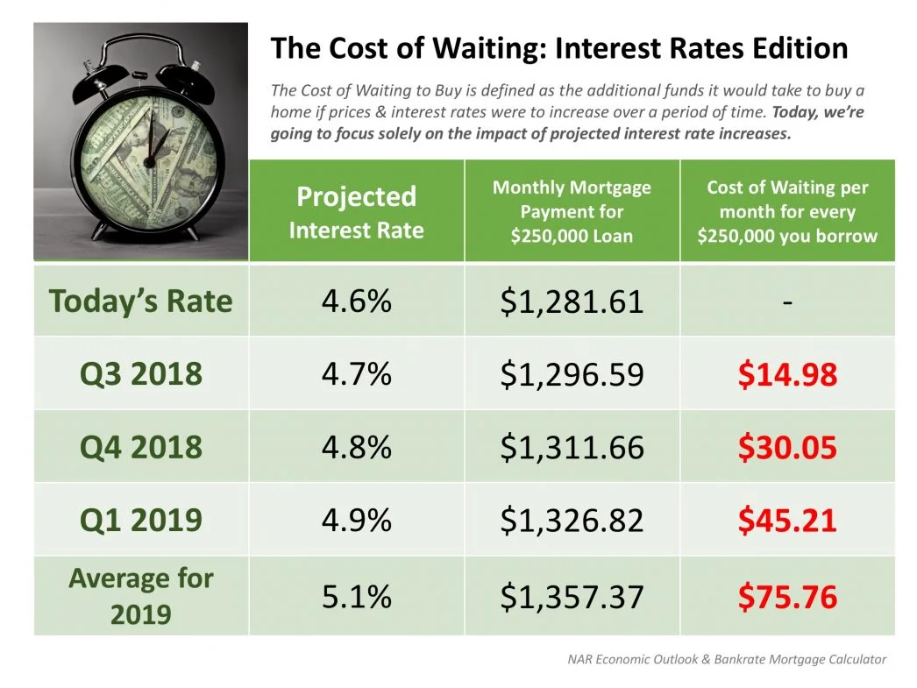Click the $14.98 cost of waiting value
786,375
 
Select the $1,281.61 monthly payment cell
572,302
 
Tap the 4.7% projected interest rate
356,375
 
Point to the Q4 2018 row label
141,448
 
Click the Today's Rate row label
141,301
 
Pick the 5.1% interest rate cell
356,597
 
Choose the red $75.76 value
786,597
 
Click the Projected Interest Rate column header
356,212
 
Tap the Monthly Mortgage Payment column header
572,211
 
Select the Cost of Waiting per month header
786,211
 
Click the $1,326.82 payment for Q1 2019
572,521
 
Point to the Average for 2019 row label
141,596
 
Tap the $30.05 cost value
786,448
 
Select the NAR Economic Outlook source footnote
727,659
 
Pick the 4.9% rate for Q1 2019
356,521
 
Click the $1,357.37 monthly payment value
572,597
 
